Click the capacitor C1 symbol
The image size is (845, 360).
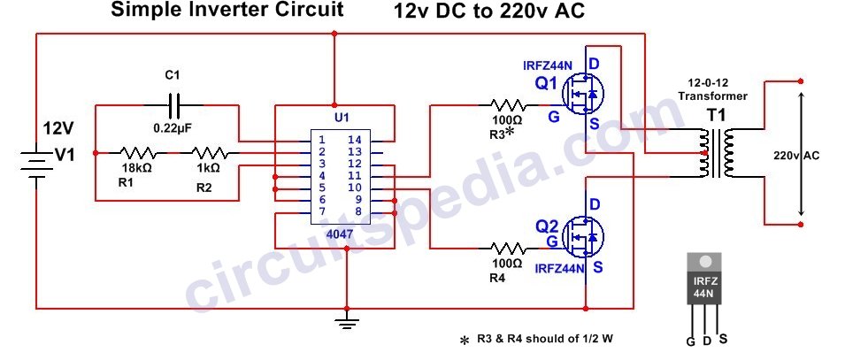click(174, 104)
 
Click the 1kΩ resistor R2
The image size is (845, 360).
click(209, 151)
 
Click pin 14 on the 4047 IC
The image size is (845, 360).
click(354, 140)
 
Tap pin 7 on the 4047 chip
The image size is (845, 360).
click(322, 211)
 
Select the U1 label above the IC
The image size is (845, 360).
click(340, 118)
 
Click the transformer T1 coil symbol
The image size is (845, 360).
click(716, 154)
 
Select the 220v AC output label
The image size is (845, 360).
click(795, 156)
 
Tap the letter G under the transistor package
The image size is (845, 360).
click(689, 341)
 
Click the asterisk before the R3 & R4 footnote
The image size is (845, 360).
click(464, 341)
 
